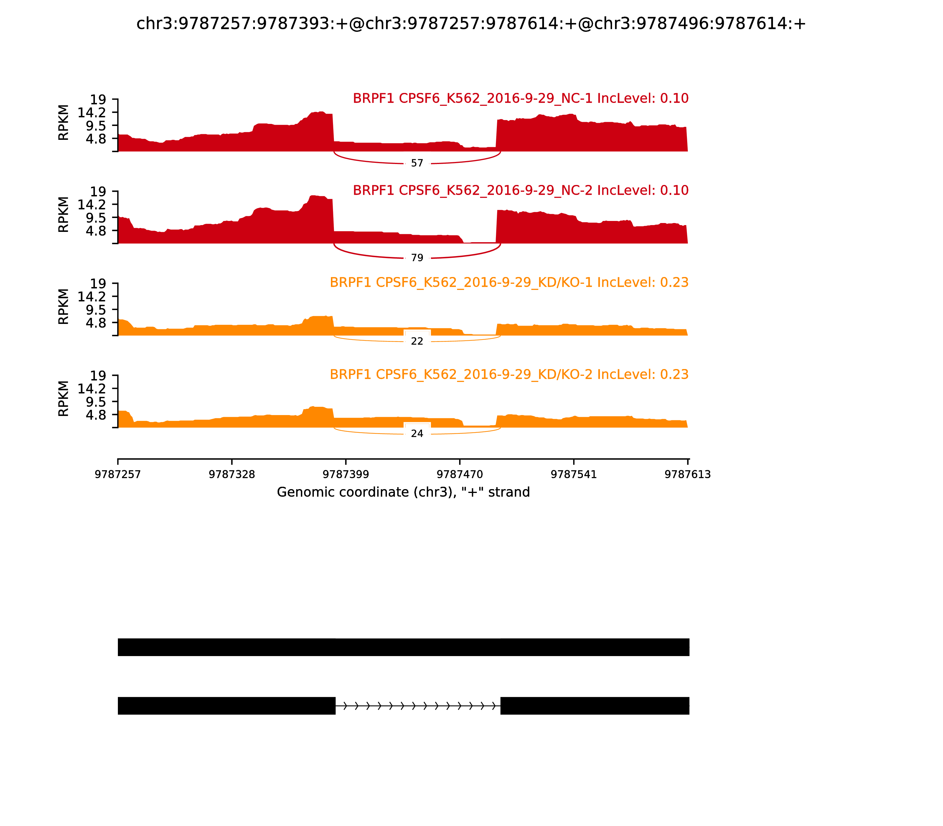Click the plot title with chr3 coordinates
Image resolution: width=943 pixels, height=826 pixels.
click(471, 24)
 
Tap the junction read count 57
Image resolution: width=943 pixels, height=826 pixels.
click(417, 163)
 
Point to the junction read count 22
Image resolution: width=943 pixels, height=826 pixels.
click(417, 341)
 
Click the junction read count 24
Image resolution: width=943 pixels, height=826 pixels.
click(417, 433)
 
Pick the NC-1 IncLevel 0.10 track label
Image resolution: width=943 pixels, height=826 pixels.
click(520, 98)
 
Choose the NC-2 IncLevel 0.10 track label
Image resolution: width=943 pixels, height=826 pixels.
click(520, 190)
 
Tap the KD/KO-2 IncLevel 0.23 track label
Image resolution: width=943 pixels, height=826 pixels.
click(509, 374)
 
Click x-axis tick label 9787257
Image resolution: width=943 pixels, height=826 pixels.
click(118, 475)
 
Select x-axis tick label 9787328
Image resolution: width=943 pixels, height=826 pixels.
click(232, 475)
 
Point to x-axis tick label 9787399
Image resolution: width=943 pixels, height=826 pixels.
click(346, 475)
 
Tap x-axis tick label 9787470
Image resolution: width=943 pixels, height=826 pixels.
click(459, 475)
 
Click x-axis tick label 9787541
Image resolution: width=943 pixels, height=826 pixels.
click(574, 475)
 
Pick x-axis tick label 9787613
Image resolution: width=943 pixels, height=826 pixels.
click(688, 475)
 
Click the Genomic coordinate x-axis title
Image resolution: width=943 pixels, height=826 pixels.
click(403, 492)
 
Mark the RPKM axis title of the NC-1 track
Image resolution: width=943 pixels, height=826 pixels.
click(64, 123)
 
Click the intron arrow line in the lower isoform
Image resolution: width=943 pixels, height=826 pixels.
click(418, 706)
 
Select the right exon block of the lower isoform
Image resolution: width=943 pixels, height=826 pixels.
click(594, 706)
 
